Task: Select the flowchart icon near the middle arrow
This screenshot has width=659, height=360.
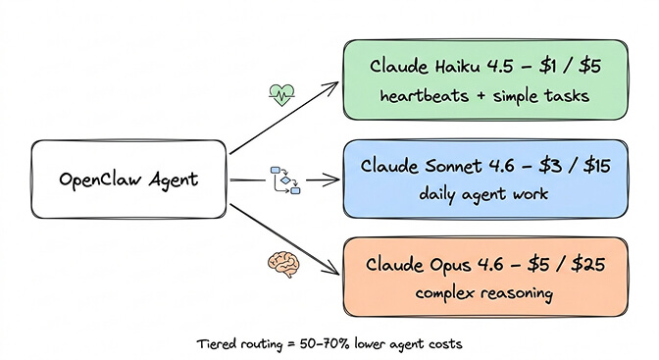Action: [284, 180]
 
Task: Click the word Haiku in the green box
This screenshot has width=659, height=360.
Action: [450, 67]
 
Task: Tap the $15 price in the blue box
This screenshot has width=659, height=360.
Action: [594, 165]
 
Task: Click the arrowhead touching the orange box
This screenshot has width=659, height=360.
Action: [332, 274]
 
